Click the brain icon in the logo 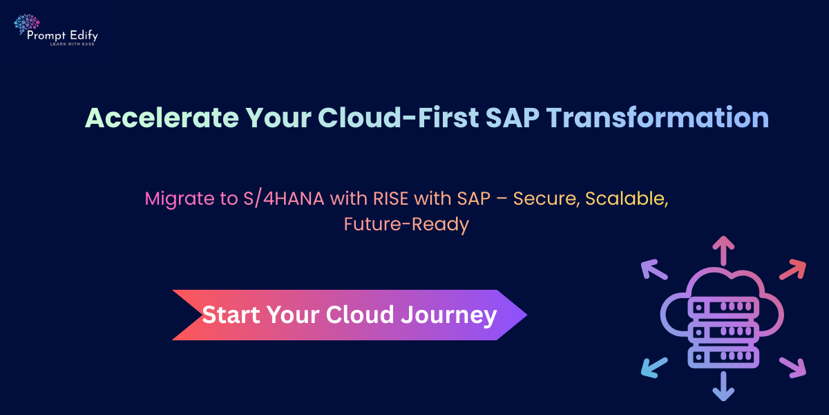[27, 24]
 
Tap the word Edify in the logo [84, 36]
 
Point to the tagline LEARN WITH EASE [73, 44]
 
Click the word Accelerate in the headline [162, 118]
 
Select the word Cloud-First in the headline [398, 118]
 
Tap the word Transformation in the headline [658, 118]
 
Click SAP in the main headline [512, 118]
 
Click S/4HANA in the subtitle [284, 199]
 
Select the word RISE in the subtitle [390, 199]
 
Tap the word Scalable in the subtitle [627, 199]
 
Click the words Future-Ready [406, 225]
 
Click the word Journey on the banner [449, 315]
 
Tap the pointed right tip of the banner [526, 315]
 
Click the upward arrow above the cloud [723, 250]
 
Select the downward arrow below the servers [723, 386]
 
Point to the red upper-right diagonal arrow [793, 269]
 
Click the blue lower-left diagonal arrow [654, 368]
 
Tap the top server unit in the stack [723, 307]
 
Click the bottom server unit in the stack [723, 357]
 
